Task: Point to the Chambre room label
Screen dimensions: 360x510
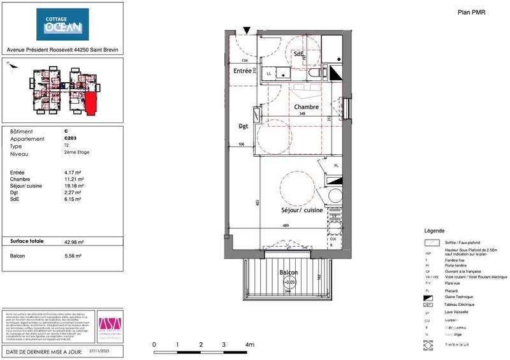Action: [x=306, y=107]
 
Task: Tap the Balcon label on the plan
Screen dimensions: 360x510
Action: [x=289, y=273]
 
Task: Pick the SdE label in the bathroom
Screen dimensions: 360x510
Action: [x=298, y=55]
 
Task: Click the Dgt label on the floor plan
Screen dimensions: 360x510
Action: [x=243, y=126]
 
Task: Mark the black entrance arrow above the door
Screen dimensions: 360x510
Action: [x=247, y=29]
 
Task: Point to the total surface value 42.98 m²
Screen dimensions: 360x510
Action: [x=76, y=241]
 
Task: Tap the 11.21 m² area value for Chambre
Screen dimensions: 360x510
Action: [x=73, y=179]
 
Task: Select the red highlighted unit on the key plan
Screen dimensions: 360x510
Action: [x=91, y=103]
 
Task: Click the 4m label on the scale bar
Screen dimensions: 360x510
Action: [x=249, y=345]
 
